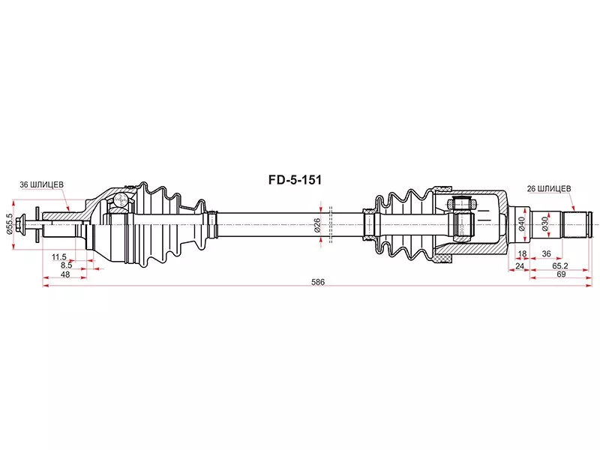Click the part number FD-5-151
pos(295,180)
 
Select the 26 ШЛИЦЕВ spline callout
pos(550,188)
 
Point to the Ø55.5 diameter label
pos(9,223)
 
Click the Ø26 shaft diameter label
pos(317,223)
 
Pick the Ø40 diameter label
pos(522,223)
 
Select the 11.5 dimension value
pos(59,256)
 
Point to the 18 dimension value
pos(522,255)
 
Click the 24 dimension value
pos(519,265)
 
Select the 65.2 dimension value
pos(559,265)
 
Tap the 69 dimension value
pos(559,274)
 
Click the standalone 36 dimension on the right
pos(547,255)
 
